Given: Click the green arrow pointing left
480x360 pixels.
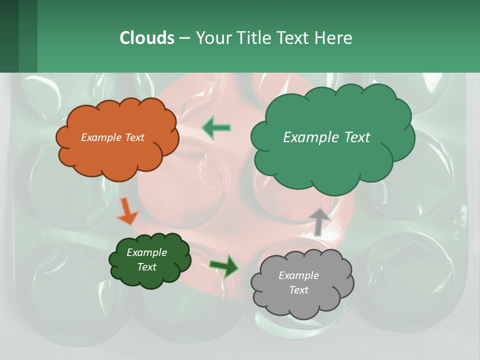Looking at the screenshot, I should (216, 127).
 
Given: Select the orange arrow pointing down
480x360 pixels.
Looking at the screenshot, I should (128, 211).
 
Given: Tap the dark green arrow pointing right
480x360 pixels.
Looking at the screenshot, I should (224, 265).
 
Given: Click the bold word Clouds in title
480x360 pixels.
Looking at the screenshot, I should (146, 38).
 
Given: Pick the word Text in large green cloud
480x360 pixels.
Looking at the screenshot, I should (354, 137).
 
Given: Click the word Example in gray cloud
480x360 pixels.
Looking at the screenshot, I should (298, 275).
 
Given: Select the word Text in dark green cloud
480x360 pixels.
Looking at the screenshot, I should (147, 267).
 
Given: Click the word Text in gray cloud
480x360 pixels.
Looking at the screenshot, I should (298, 290).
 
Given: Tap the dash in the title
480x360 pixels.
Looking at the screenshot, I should (184, 38).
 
